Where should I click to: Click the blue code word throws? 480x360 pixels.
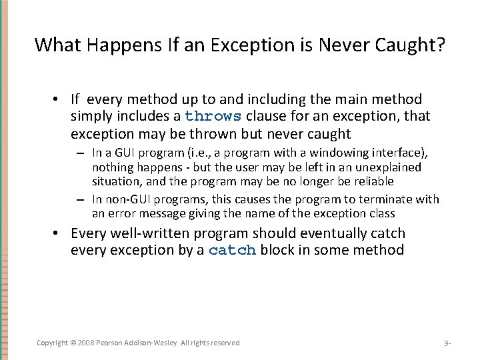[x=213, y=116]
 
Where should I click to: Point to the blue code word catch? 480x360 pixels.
[x=233, y=251]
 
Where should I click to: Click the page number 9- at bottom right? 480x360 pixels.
[x=447, y=343]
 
